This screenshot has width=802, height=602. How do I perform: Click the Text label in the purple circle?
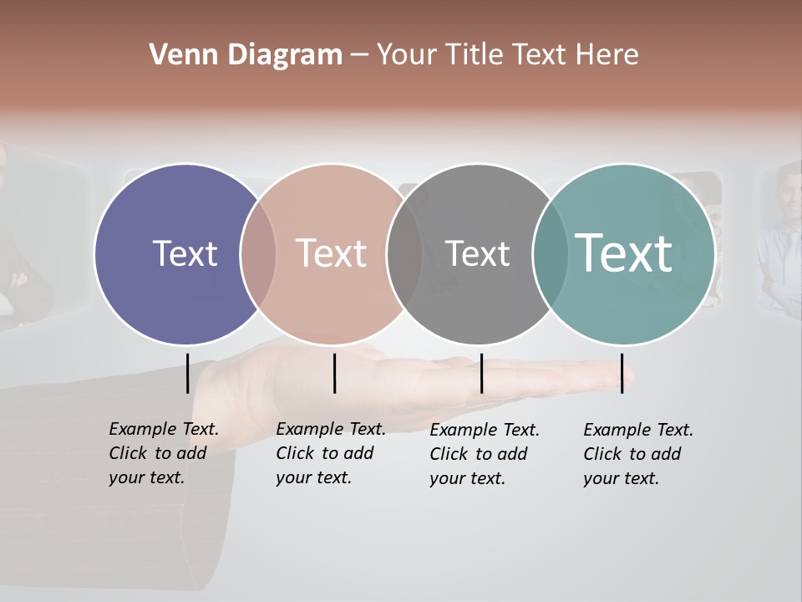point(185,253)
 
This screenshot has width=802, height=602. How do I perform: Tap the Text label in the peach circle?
point(332,253)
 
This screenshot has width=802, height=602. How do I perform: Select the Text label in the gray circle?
point(477,253)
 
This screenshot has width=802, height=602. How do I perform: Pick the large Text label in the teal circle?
point(624,253)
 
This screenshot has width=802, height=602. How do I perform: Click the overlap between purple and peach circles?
point(258,254)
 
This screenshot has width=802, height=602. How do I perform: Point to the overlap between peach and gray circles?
point(404,254)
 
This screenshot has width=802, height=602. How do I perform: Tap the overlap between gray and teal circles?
point(550,254)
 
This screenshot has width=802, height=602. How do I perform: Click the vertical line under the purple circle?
point(187,373)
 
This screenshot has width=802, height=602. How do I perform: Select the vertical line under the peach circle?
point(334,373)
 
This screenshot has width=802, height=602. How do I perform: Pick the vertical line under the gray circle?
point(481,373)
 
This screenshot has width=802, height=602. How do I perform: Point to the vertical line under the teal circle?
point(622,373)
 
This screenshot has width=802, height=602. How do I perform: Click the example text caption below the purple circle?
point(163,453)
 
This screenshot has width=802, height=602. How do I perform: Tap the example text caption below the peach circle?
point(330,453)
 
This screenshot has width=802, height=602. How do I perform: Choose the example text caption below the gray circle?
point(484,454)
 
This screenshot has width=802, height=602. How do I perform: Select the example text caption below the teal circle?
point(637,454)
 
